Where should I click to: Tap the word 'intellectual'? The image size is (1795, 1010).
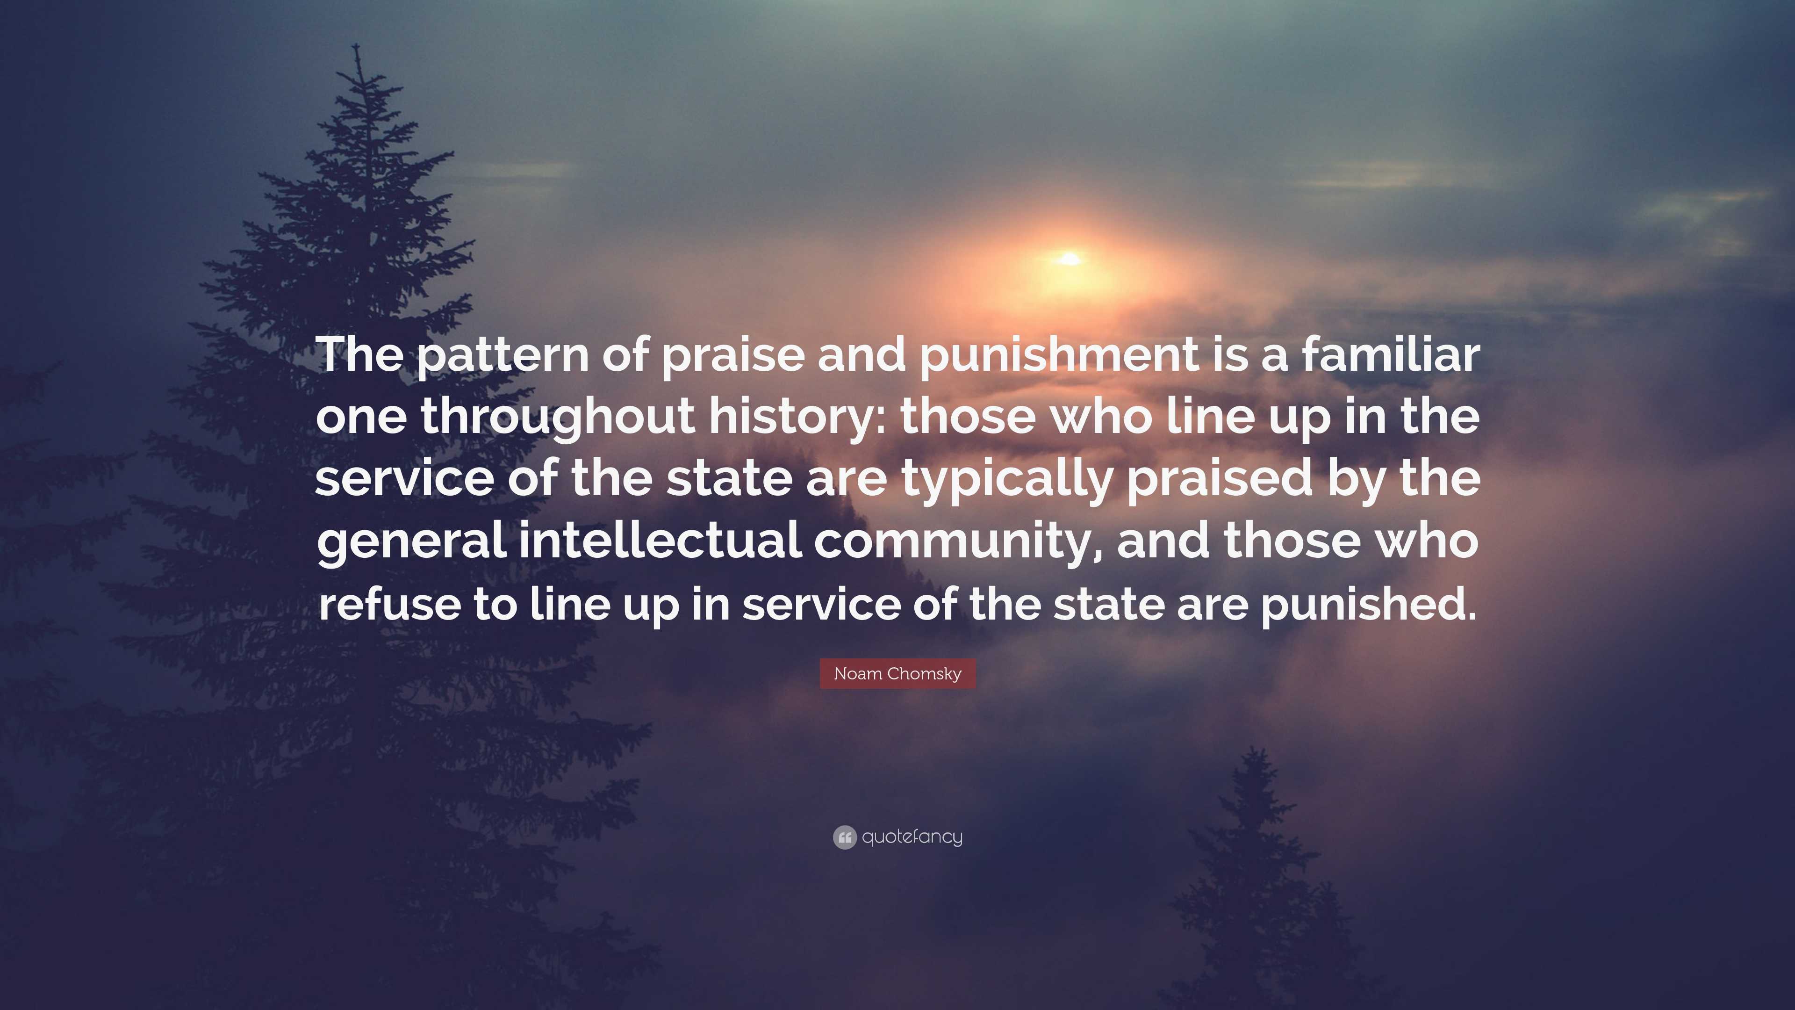pos(660,540)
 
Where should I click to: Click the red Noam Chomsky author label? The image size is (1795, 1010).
pos(897,673)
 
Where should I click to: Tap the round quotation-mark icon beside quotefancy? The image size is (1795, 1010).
pos(845,837)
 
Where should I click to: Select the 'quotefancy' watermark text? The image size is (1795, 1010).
pos(912,837)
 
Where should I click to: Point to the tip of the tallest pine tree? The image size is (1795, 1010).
pos(356,44)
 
